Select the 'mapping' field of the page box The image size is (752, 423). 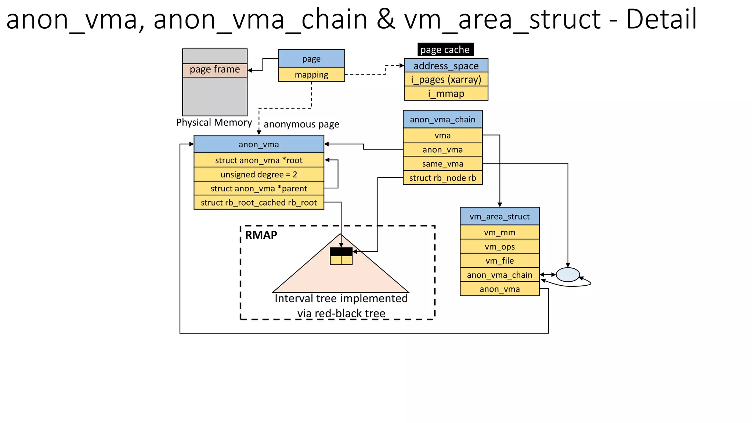tap(311, 75)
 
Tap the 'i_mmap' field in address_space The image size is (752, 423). tap(446, 94)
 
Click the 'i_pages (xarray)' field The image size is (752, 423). tap(446, 79)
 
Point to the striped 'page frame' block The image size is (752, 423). tap(215, 70)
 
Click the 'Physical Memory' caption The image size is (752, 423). tap(214, 122)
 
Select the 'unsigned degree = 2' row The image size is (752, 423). tap(258, 174)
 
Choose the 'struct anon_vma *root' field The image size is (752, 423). tap(258, 160)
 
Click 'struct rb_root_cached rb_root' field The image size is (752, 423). tap(258, 203)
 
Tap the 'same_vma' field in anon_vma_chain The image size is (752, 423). tap(442, 164)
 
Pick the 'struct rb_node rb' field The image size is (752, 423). tap(442, 178)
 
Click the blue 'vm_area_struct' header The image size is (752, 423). tap(499, 217)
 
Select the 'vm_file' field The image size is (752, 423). tap(499, 261)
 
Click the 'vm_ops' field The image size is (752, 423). tap(499, 247)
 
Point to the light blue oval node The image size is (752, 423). tap(568, 275)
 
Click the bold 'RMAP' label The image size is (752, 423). tap(261, 235)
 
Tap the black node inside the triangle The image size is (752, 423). tap(341, 252)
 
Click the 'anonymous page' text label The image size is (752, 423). tap(301, 124)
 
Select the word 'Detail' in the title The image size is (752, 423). tap(661, 19)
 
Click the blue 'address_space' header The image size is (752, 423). tap(446, 66)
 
